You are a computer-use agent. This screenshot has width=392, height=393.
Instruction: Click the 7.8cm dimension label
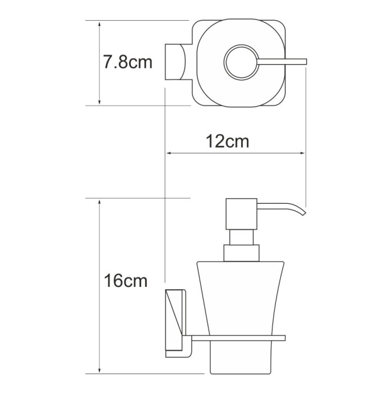128,62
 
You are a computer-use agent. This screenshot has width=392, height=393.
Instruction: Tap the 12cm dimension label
226,141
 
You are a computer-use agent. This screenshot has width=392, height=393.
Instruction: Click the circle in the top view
242,62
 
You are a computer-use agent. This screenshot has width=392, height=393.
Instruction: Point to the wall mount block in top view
177,62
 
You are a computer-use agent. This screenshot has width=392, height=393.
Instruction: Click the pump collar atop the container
242,253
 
